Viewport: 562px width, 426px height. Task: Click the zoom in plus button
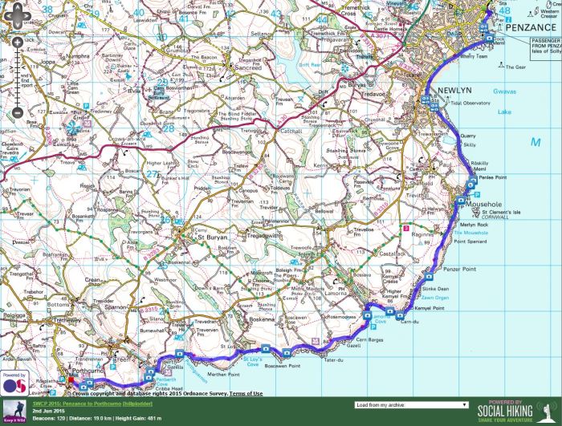tap(16, 63)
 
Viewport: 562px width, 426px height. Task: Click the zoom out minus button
tap(16, 113)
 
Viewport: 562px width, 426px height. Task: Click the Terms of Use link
tap(246, 393)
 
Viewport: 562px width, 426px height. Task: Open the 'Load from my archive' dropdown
tap(410, 405)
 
